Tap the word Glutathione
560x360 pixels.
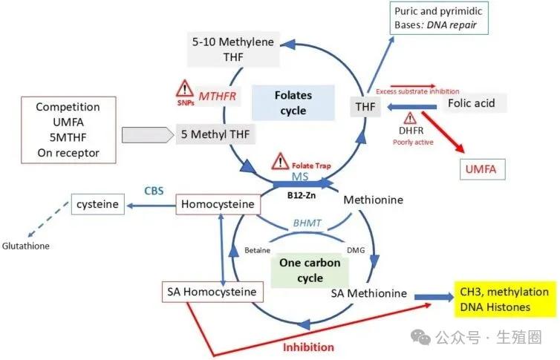click(x=26, y=246)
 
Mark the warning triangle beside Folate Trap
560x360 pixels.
click(x=281, y=160)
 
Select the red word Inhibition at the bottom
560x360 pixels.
click(x=309, y=347)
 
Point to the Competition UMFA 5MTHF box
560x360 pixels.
click(x=68, y=130)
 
